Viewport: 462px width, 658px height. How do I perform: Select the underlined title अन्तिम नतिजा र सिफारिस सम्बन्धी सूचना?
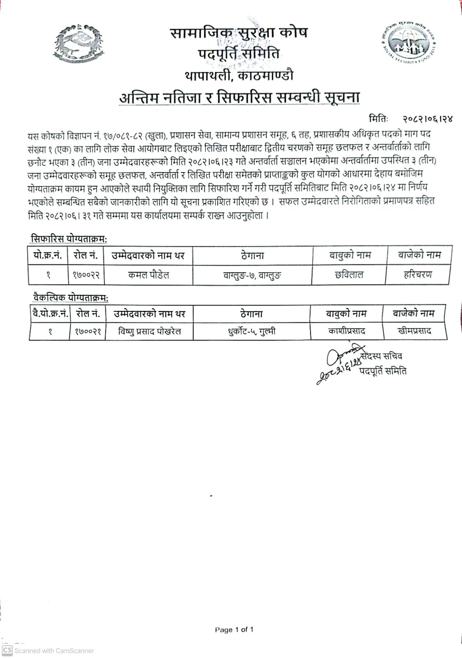click(x=239, y=99)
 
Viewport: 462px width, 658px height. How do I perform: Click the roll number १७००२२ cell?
click(x=85, y=275)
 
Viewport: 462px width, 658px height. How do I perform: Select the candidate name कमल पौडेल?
click(x=148, y=275)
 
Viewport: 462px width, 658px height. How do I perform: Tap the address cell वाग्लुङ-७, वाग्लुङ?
click(x=253, y=275)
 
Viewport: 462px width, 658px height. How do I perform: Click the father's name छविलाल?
click(x=349, y=275)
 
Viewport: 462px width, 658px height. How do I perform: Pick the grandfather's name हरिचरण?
click(x=418, y=275)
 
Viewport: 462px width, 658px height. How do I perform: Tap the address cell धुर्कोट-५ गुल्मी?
click(x=252, y=331)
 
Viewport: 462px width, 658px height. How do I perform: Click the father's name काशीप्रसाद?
click(x=347, y=331)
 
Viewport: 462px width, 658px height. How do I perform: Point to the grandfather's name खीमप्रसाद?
click(x=415, y=331)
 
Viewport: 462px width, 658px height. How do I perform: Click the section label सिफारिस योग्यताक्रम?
click(x=68, y=238)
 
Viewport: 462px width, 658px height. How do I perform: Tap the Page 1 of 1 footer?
click(x=234, y=630)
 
